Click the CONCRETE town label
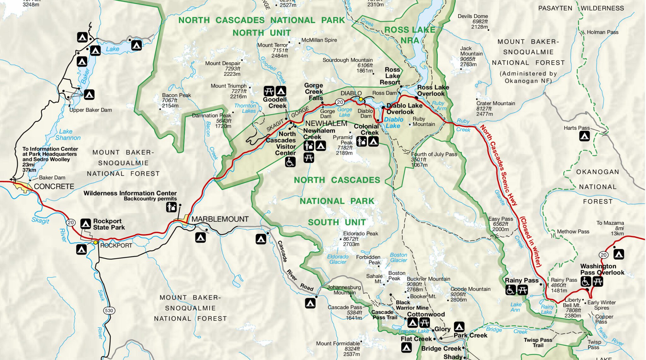(x=54, y=186)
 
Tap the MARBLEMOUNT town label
(x=220, y=219)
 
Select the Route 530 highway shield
(x=109, y=310)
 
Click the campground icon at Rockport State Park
(x=85, y=224)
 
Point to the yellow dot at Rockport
(x=95, y=242)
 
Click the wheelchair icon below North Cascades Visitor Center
(x=290, y=162)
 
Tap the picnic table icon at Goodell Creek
(x=269, y=91)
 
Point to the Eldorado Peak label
(x=360, y=233)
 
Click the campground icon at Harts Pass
(x=584, y=136)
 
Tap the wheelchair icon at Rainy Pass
(x=510, y=290)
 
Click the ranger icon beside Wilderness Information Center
(x=171, y=207)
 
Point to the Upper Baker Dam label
(x=91, y=110)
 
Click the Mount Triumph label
(x=228, y=86)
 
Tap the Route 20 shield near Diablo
(x=339, y=102)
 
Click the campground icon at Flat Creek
(x=406, y=347)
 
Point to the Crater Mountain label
(x=496, y=103)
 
